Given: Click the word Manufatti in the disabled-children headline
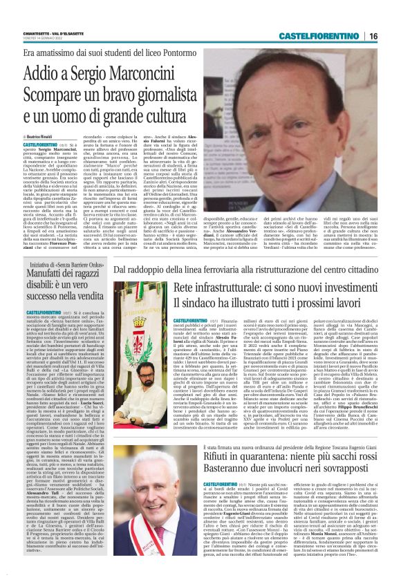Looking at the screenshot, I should [43, 276].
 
